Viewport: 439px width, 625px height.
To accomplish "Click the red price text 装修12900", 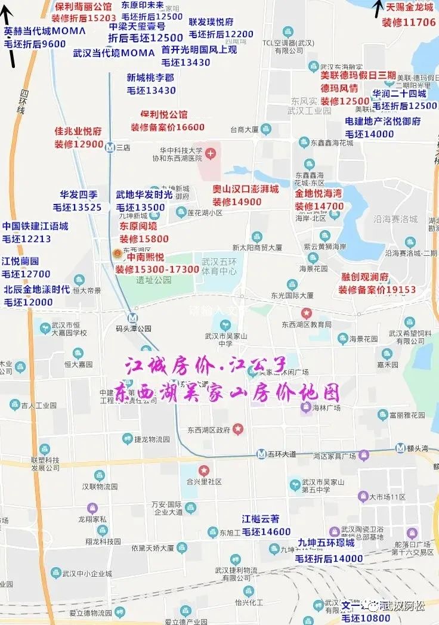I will coord(79,144).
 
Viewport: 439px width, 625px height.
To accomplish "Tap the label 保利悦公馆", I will coord(164,115).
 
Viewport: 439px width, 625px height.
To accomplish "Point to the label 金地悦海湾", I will coord(319,194).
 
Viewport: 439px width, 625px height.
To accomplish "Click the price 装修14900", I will coord(237,202).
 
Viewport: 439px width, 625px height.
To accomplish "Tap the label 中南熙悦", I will coord(141,257).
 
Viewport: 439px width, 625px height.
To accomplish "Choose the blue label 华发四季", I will coord(78,194).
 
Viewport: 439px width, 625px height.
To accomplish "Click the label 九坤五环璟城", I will coord(326,543).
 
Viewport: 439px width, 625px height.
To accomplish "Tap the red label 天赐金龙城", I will coord(410,8).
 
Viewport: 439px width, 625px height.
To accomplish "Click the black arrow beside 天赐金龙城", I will coord(377,8).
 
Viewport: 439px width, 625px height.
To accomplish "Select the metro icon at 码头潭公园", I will coord(132,318).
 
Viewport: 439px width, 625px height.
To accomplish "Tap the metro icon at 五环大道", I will coord(261,454).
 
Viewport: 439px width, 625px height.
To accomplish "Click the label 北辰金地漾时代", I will coord(37,290).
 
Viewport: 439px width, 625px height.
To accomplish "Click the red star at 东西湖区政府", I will coord(238,428).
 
